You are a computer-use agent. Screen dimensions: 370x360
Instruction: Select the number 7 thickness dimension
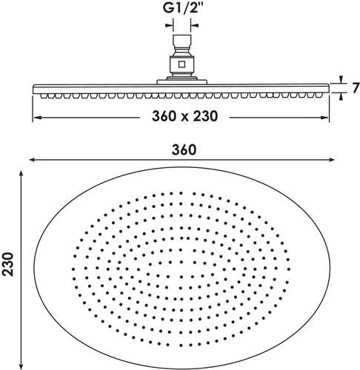[355, 89]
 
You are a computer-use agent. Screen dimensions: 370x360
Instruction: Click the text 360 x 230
[180, 117]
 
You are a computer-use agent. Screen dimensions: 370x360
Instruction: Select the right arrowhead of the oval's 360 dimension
[328, 161]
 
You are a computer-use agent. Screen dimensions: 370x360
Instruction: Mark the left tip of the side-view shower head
[33, 90]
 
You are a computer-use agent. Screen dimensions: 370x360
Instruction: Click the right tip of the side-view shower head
[328, 90]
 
